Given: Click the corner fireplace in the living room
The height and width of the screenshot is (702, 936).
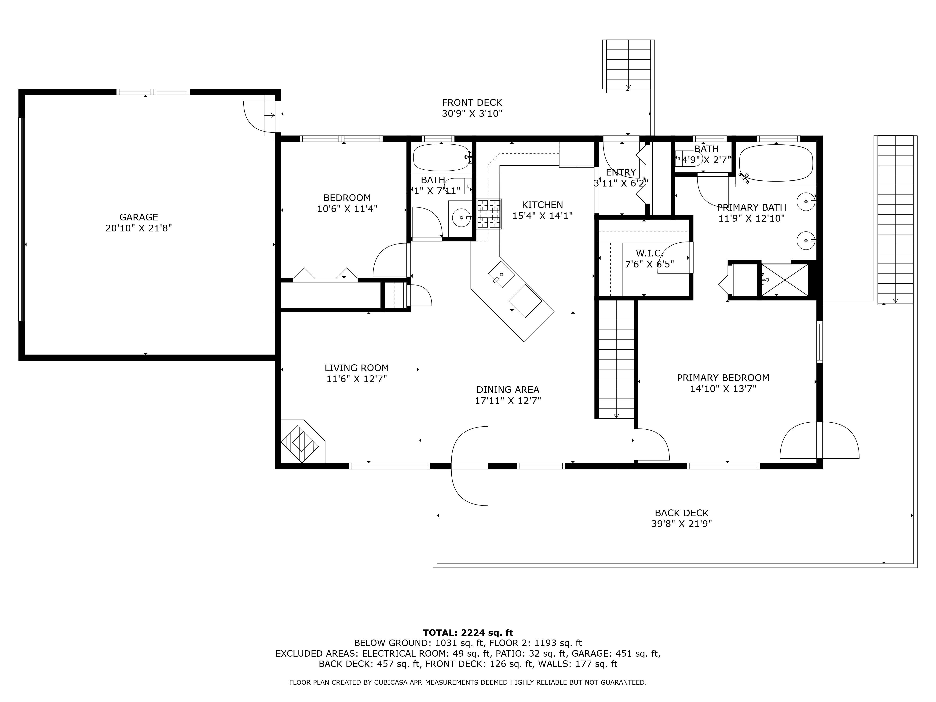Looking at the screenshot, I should (x=302, y=441).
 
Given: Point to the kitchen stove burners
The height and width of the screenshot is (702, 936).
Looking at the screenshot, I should (x=489, y=214).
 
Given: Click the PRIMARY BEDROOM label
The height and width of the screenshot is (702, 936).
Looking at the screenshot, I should (x=723, y=377).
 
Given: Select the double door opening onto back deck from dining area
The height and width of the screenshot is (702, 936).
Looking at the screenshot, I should (x=470, y=466).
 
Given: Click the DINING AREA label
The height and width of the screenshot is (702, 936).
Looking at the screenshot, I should (x=508, y=390).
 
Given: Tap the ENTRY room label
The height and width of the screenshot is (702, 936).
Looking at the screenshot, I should (x=621, y=172).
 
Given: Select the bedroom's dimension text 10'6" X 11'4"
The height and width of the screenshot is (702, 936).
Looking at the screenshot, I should (x=347, y=209).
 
